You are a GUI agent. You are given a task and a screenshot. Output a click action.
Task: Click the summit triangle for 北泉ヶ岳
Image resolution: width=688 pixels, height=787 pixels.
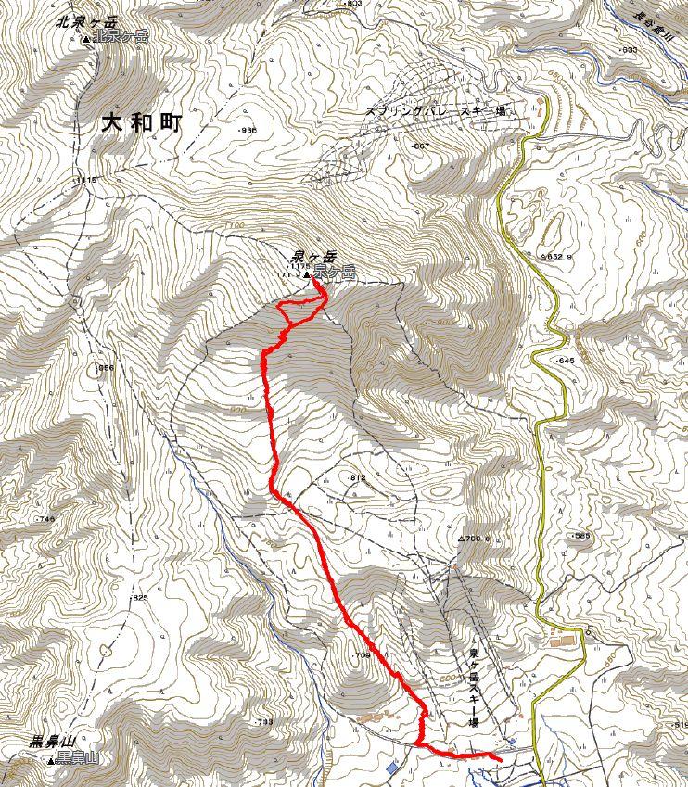[x=86, y=39]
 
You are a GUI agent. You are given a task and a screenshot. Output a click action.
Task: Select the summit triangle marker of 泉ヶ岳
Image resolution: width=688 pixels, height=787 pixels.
[x=306, y=275]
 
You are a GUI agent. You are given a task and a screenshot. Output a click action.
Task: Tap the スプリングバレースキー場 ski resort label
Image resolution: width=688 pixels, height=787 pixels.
[x=448, y=110]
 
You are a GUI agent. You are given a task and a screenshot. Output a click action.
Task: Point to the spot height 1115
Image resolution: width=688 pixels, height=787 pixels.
[x=86, y=180]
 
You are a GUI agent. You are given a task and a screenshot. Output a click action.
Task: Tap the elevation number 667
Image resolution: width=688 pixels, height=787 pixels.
[x=421, y=146]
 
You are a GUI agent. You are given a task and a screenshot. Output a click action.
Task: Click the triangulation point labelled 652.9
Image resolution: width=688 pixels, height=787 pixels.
[x=554, y=256]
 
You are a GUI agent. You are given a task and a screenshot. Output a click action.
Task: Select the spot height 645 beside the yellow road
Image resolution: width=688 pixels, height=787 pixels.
[x=565, y=360]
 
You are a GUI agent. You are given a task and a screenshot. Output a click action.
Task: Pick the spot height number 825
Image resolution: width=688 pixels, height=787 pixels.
[x=139, y=598]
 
